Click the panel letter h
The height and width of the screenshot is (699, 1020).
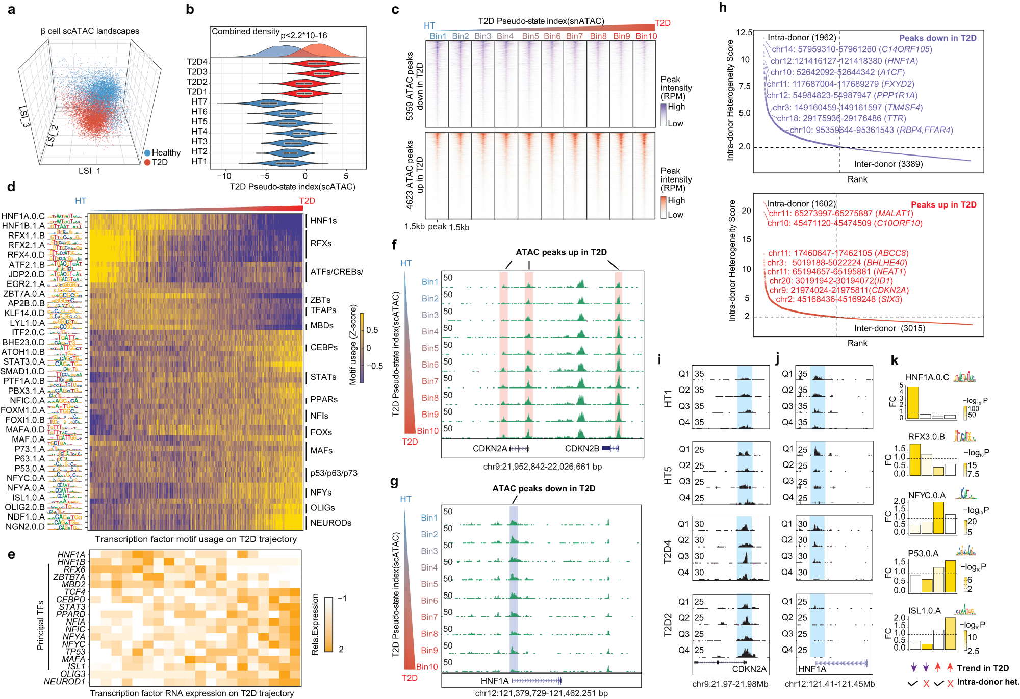point(723,8)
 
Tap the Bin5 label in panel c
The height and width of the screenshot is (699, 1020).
point(530,36)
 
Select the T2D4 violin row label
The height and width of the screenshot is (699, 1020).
point(197,62)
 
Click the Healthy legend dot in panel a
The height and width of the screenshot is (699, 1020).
point(147,152)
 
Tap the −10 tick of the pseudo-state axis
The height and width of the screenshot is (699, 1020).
point(224,176)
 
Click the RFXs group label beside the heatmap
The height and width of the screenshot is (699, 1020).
point(321,243)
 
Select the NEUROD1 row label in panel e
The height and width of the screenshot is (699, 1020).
point(64,682)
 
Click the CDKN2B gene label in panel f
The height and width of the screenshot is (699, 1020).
point(581,449)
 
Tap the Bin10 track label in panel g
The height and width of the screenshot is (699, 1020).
point(427,667)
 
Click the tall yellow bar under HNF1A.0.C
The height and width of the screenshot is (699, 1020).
point(912,403)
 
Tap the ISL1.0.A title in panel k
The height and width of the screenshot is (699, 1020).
point(924,611)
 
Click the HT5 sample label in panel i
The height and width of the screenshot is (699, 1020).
point(668,474)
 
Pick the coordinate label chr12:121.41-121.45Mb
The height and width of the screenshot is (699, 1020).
point(829,684)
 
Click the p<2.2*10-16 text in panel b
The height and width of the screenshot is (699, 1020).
point(304,35)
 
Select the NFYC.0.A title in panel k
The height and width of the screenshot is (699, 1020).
point(927,495)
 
